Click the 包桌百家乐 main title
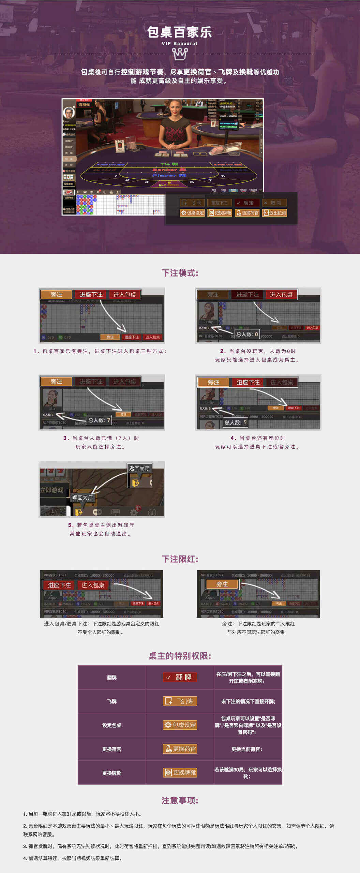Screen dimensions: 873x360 (180, 32)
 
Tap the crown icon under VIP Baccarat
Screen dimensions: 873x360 (180, 54)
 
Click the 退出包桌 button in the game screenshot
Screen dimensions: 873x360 (274, 213)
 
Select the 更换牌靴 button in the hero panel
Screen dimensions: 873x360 (220, 213)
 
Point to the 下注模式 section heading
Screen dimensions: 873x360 (180, 273)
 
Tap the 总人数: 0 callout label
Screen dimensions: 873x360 (247, 334)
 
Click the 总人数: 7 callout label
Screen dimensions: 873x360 (99, 420)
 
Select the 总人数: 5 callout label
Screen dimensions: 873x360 (235, 423)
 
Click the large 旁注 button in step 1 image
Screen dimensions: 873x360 (56, 295)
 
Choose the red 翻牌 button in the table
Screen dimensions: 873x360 (180, 677)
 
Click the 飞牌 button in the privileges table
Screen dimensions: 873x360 (180, 701)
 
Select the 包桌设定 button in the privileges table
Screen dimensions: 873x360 (180, 725)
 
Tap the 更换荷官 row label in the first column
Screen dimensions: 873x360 (111, 749)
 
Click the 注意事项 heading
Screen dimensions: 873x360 (180, 800)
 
